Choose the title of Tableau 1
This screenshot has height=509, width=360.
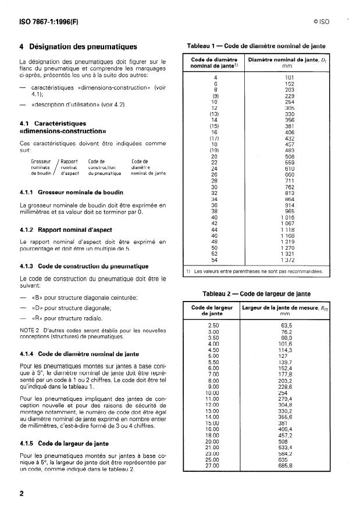(x=256, y=45)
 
